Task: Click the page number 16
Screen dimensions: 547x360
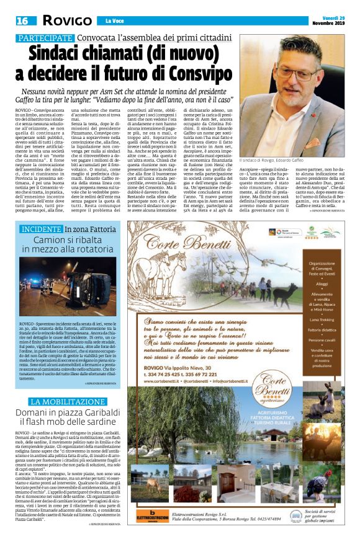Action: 22,20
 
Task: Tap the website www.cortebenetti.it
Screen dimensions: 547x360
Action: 160,381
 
